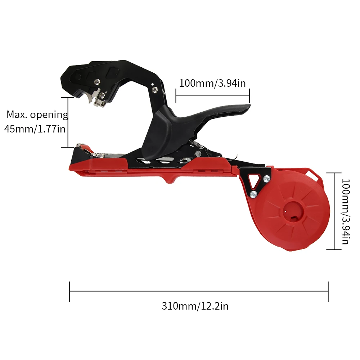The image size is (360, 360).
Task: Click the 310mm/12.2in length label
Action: [x=195, y=306]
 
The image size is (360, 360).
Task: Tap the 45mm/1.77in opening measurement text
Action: [x=35, y=129]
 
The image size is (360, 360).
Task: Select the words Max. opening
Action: [x=37, y=114]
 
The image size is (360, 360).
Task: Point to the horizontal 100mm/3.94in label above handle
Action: [x=212, y=83]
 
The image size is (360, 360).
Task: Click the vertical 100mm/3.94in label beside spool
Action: [x=346, y=211]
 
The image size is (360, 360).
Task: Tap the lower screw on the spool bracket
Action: [x=253, y=194]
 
